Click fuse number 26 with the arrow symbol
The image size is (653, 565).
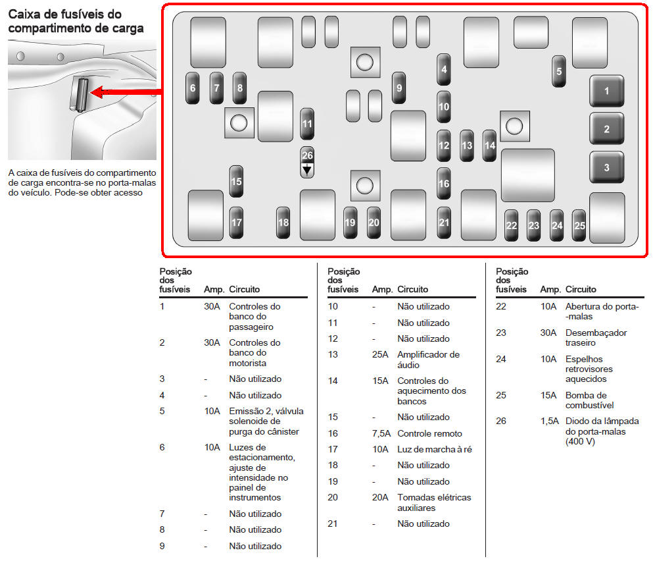coord(307,162)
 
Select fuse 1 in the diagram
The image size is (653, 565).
coord(606,92)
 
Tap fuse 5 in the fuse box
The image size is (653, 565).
coord(560,71)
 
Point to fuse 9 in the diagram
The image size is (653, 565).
coord(399,88)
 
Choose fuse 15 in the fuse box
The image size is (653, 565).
coord(237,181)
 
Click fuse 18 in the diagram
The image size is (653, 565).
coord(283,223)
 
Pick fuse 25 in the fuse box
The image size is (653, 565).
coord(579,225)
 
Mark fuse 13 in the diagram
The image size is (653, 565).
coord(467,146)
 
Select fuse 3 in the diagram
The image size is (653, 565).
coord(606,167)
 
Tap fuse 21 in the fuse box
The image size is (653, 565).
coord(444,223)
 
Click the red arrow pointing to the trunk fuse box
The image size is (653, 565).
coord(125,92)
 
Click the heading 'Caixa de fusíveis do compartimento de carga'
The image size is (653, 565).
coord(76,21)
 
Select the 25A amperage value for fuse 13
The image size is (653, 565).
coord(380,355)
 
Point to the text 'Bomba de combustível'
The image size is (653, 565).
coord(586,400)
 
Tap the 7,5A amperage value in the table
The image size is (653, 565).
coord(381,433)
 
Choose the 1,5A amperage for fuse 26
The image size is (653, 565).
coord(550,421)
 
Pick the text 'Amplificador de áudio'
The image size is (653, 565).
coord(428,360)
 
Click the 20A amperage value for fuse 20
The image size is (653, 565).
coord(380,498)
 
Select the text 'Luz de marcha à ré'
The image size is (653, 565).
coord(435,450)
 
